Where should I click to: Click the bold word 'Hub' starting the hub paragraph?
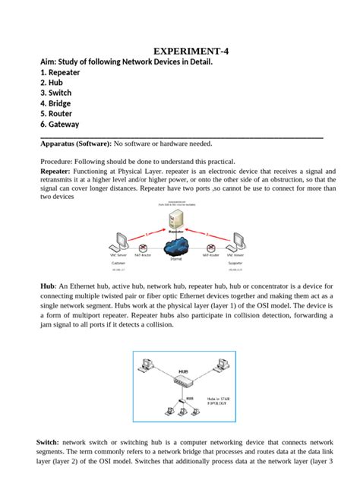click(47, 285)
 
